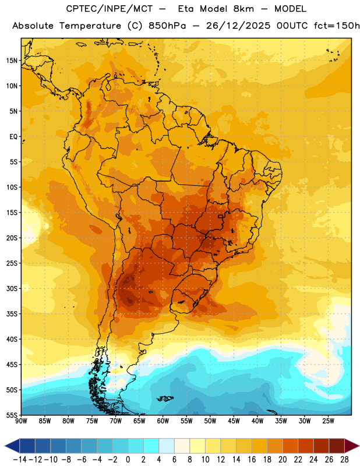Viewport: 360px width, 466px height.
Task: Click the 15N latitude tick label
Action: (12, 61)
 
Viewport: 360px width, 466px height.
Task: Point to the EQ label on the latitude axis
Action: (13, 137)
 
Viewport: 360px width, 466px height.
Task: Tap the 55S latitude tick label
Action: (12, 415)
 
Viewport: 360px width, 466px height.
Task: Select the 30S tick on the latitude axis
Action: (12, 288)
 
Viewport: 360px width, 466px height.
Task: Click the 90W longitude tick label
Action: (21, 421)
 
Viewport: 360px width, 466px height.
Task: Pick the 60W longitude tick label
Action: (163, 421)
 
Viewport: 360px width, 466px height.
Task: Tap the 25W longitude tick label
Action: (329, 421)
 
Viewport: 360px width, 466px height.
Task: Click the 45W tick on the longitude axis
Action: (234, 421)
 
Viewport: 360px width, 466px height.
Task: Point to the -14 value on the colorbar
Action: (20, 460)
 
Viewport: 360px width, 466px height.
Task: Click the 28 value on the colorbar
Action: (344, 460)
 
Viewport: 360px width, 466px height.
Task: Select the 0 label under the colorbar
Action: (128, 460)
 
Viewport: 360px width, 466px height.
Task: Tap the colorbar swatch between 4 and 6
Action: (167, 446)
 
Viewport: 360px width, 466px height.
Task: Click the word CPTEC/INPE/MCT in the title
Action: (110, 9)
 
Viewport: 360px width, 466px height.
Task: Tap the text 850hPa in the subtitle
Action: (167, 26)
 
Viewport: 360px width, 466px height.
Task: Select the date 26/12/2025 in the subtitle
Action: (238, 26)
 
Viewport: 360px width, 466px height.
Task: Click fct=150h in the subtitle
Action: (337, 26)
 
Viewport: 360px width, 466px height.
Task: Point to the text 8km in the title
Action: (243, 9)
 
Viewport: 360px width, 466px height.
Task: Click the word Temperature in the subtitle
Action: (90, 26)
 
